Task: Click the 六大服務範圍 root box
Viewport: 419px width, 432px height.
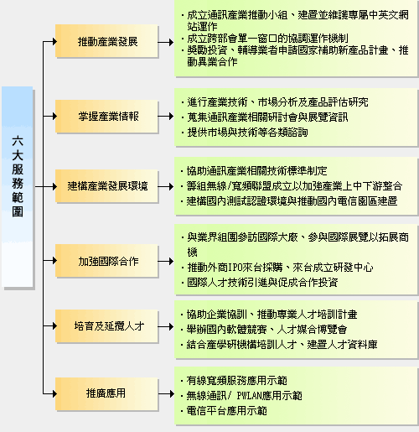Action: click(18, 186)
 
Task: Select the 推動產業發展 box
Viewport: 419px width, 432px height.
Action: click(106, 41)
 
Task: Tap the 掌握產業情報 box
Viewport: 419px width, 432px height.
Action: click(106, 116)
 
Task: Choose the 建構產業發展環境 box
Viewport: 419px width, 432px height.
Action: click(106, 186)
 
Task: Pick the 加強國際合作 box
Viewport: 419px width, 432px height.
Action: click(106, 261)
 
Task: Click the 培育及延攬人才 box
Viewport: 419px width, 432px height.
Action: click(106, 326)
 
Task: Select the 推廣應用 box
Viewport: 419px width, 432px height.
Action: click(106, 393)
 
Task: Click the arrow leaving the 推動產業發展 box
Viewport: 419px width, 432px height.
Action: click(166, 43)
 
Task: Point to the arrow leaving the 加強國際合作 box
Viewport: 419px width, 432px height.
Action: click(166, 262)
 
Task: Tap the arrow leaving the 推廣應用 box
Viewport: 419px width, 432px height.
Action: click(166, 394)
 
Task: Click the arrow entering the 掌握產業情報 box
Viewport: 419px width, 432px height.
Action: click(50, 116)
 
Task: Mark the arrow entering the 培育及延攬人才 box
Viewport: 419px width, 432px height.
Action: click(50, 326)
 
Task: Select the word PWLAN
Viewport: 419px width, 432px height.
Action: click(249, 396)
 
